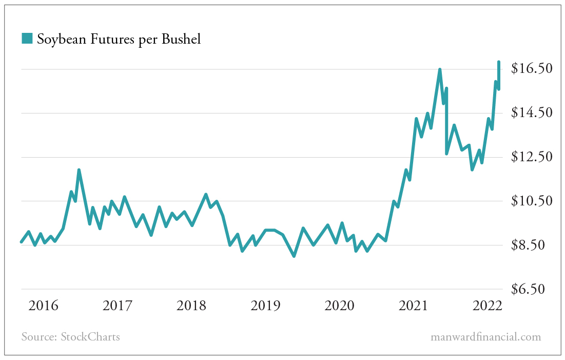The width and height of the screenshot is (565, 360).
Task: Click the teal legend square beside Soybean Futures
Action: (27, 38)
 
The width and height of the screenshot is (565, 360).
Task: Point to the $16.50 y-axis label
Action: (531, 68)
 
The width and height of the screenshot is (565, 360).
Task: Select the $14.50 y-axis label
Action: (531, 112)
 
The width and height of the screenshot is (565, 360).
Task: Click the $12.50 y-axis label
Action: (531, 157)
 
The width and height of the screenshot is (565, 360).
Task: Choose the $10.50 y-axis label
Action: (531, 201)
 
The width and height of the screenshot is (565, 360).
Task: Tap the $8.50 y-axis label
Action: (531, 245)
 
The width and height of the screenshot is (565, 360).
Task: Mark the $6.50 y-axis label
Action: (531, 289)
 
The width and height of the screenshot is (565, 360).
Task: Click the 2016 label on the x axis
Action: (44, 306)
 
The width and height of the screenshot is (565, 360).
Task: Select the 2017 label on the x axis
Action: (118, 306)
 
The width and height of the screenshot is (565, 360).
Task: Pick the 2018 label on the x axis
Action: (191, 306)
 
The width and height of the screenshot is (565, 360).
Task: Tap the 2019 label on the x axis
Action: (265, 306)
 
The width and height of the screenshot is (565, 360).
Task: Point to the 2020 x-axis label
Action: (339, 306)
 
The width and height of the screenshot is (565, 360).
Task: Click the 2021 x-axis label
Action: (413, 306)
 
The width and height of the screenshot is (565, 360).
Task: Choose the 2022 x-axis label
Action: (487, 306)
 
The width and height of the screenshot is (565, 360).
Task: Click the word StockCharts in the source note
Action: (90, 337)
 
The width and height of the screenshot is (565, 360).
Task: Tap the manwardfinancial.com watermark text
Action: (485, 337)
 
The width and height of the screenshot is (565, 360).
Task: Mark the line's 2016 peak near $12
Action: (79, 170)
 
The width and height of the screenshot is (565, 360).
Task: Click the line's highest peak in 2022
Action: (498, 62)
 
